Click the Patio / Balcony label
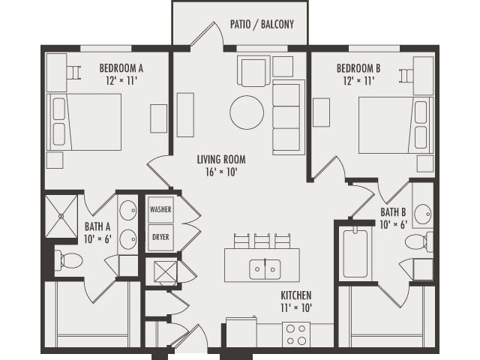[x=262, y=25]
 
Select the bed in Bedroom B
[x=385, y=124]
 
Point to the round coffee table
[x=247, y=112]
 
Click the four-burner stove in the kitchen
[x=295, y=334]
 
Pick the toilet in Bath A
[x=71, y=260]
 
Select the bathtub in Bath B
[x=354, y=253]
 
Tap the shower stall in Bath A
[x=61, y=217]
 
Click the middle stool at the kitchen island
[x=262, y=241]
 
